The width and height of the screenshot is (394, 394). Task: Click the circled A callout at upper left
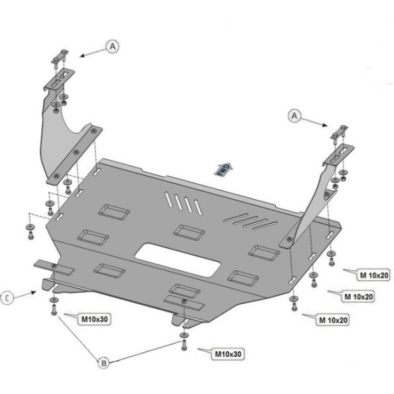(113, 47)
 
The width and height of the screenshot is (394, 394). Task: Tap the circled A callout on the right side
(295, 115)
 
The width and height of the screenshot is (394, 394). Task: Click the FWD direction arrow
(223, 169)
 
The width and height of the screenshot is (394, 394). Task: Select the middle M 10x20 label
(358, 297)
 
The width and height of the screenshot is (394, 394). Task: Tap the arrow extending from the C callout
(25, 294)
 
